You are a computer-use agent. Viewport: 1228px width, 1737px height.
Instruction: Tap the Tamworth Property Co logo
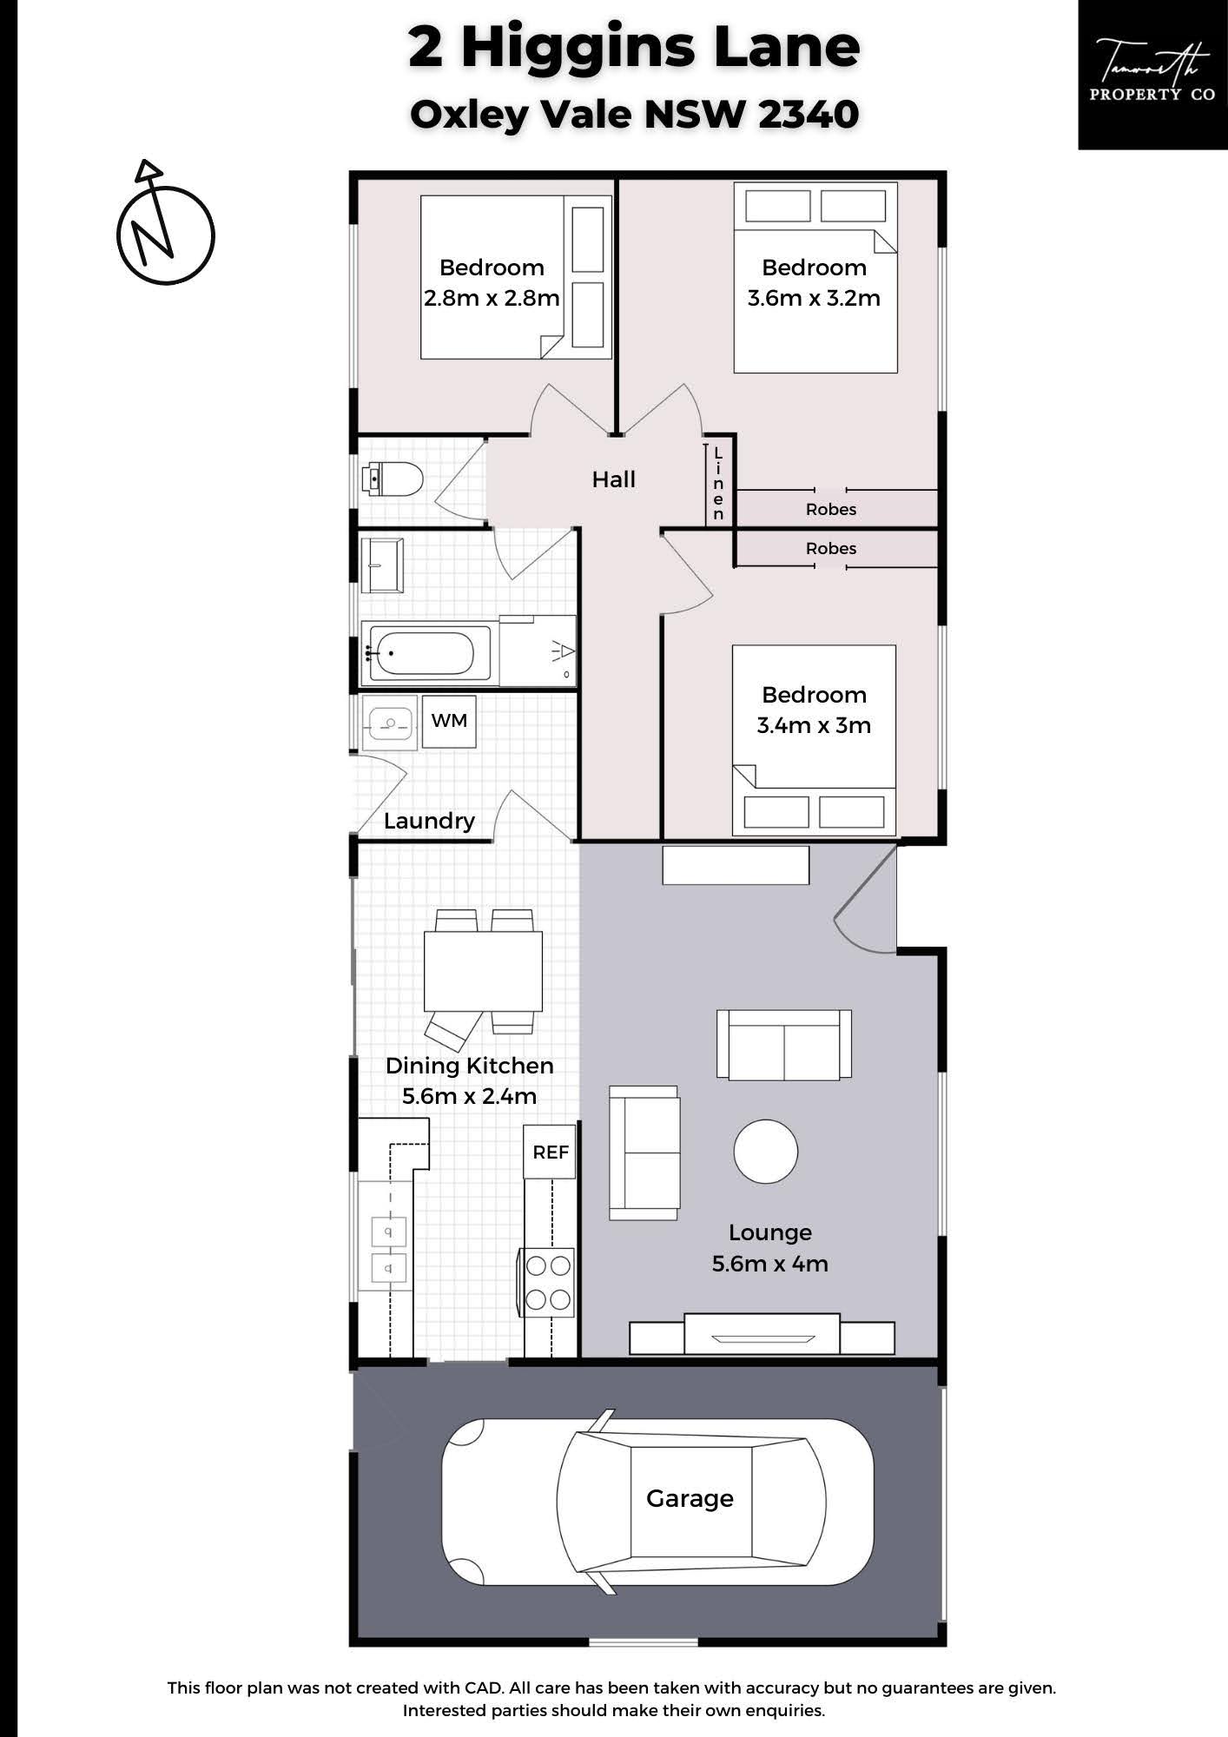[x=1152, y=75]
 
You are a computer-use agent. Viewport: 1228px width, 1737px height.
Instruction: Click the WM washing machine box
[x=449, y=721]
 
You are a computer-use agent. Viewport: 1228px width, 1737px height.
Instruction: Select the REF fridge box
[x=551, y=1152]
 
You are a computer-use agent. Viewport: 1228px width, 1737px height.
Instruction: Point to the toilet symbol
[x=392, y=479]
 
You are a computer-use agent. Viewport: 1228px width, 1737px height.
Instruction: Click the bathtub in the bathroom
[x=426, y=652]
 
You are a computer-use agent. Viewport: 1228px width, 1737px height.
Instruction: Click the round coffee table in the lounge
[x=765, y=1151]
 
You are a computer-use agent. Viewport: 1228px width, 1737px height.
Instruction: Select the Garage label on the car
[x=690, y=1498]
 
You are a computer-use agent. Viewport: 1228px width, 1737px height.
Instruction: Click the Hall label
[x=614, y=479]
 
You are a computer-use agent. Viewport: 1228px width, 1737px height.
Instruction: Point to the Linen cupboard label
[x=718, y=484]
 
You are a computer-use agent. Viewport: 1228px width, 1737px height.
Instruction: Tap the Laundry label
[x=429, y=821]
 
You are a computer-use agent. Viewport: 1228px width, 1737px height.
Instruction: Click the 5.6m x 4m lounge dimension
[x=770, y=1264]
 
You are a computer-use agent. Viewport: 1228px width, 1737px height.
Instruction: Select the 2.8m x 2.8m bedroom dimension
[x=492, y=299]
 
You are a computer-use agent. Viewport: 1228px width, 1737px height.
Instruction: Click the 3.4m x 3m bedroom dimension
[x=814, y=725]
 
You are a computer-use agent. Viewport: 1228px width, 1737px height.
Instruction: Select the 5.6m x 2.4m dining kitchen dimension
[x=470, y=1096]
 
